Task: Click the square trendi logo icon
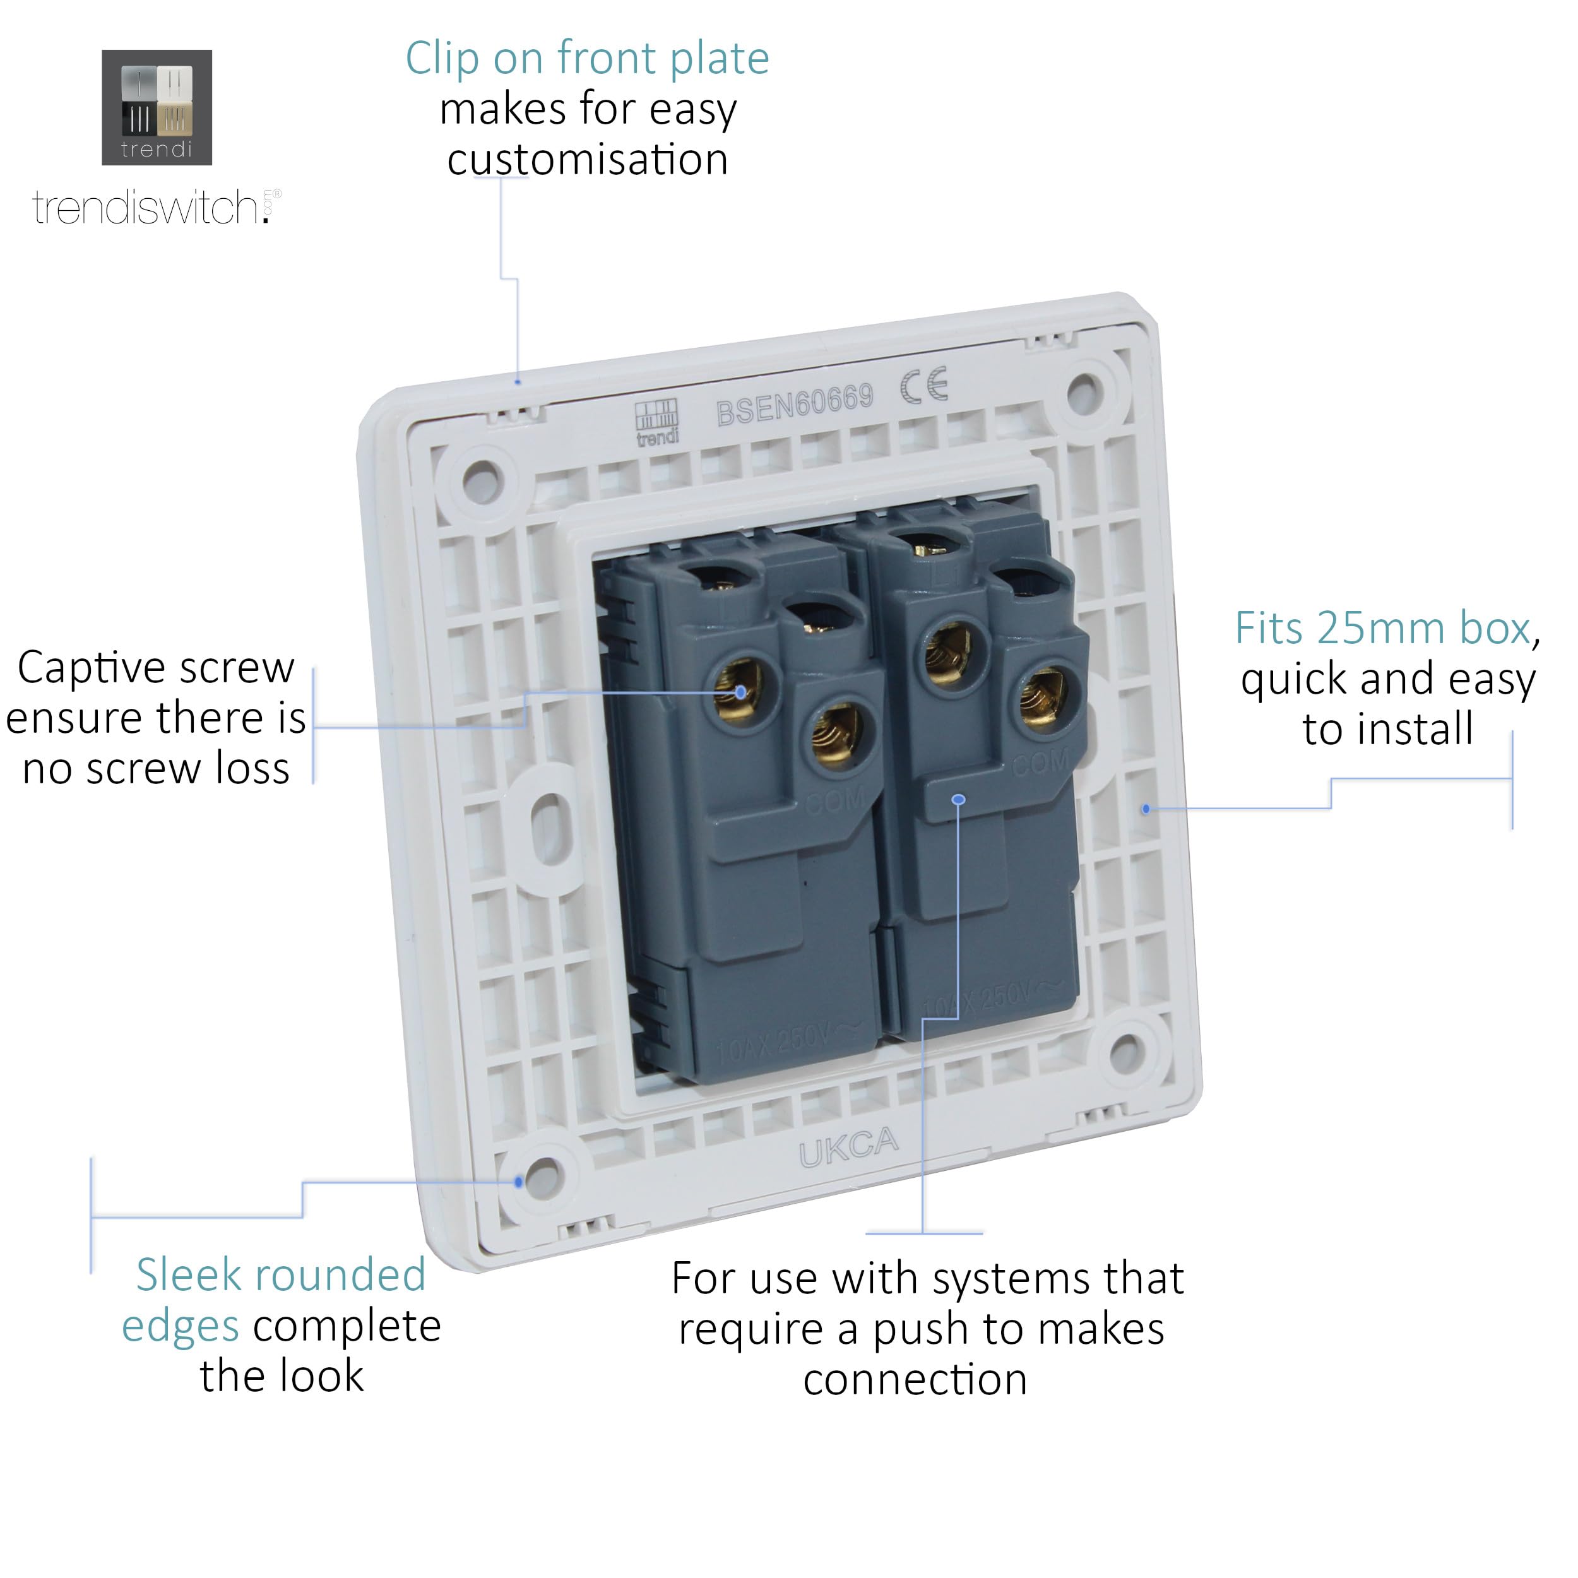click(156, 107)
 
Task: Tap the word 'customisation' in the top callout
click(587, 159)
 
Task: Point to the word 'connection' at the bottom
click(915, 1380)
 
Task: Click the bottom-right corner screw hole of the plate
click(1125, 1050)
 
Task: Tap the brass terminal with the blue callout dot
click(739, 689)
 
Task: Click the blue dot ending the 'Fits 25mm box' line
click(1146, 809)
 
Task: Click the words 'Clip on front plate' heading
click(587, 59)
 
